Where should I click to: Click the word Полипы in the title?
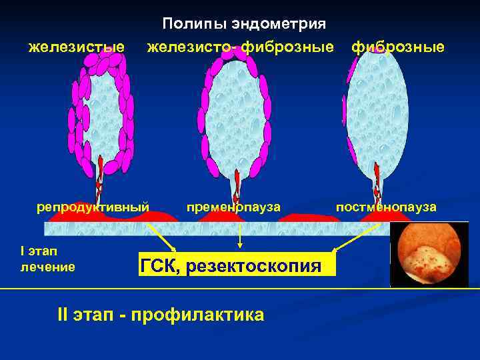pos(194,25)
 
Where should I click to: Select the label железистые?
pos(77,47)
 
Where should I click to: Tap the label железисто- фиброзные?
pos(241,47)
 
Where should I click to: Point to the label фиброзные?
pos(398,47)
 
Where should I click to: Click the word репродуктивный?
pos(93,207)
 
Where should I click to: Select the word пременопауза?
pos(234,207)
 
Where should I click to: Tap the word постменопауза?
pos(387,207)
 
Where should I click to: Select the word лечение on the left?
pos(48,267)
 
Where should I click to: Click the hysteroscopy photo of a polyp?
pos(429,254)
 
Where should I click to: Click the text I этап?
pos(39,251)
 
